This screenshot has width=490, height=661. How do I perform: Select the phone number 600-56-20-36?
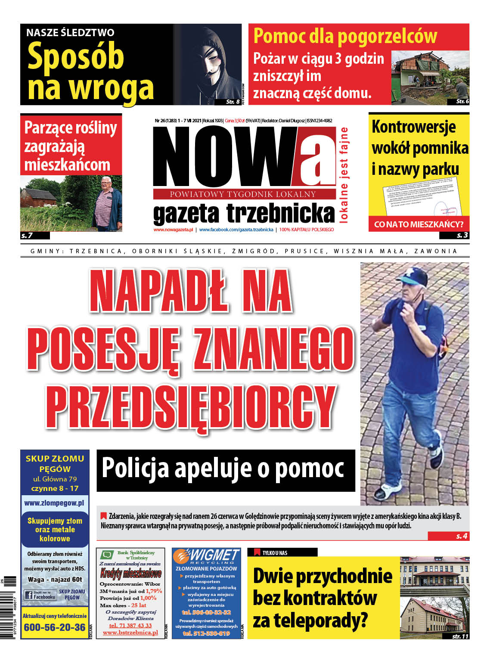click(x=55, y=627)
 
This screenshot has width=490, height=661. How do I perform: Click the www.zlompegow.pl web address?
click(x=54, y=503)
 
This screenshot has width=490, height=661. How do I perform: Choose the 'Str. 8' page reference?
click(x=233, y=102)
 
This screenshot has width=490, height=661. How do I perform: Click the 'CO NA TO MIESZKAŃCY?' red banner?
click(x=419, y=224)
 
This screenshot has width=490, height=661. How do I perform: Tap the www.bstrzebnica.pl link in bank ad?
click(x=130, y=633)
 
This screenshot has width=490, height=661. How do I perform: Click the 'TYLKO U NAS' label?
click(x=275, y=552)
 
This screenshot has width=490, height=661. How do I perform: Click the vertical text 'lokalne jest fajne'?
click(x=344, y=175)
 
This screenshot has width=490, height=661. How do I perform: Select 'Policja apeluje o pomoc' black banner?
click(x=226, y=470)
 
